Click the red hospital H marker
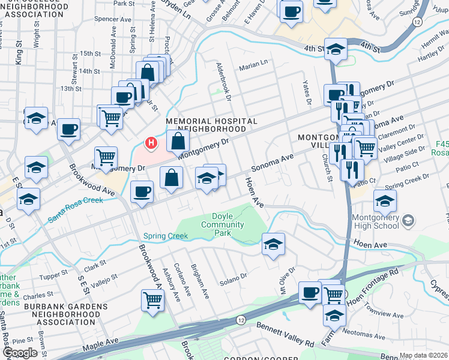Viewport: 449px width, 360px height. (151, 143)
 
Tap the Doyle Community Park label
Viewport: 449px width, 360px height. (222, 224)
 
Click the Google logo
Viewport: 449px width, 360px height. (20, 353)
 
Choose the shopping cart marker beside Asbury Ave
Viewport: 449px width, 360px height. (152, 300)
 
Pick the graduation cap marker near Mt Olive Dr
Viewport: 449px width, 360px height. (273, 244)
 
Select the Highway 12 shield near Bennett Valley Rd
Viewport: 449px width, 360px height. (241, 320)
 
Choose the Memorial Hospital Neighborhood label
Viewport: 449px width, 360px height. (206, 125)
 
